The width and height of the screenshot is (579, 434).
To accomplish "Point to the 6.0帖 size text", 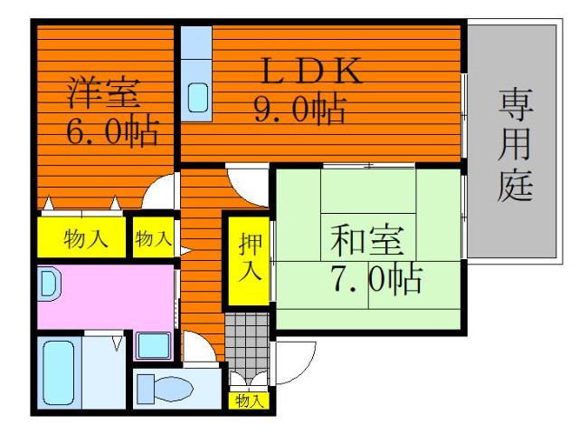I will (111, 132).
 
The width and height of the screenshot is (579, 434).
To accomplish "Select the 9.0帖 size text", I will (298, 110).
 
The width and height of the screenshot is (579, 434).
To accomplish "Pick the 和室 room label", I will (365, 241).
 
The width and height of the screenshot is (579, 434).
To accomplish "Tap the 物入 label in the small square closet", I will (153, 239).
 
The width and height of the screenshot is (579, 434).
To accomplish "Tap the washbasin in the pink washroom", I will (49, 286).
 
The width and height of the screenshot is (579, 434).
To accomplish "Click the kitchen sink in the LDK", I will (196, 97).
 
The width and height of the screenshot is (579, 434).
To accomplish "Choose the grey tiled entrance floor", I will (247, 339).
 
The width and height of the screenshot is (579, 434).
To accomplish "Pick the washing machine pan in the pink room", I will (152, 345).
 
